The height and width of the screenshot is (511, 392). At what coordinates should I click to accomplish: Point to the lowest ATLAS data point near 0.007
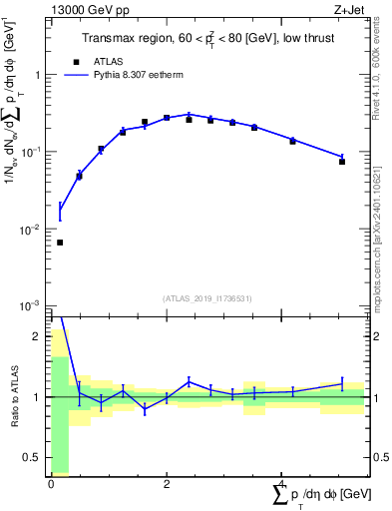[x=60, y=243]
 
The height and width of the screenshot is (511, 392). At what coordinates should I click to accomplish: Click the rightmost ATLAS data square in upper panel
[x=342, y=161]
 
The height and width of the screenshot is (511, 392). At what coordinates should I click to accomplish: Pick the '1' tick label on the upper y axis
[x=38, y=75]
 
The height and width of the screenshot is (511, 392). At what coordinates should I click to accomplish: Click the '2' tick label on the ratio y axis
[x=40, y=336]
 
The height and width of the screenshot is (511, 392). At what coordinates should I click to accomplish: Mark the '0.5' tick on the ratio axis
[x=36, y=458]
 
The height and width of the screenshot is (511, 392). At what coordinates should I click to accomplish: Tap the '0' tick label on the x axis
[x=51, y=483]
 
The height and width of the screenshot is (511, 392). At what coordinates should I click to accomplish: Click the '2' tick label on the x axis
[x=167, y=483]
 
